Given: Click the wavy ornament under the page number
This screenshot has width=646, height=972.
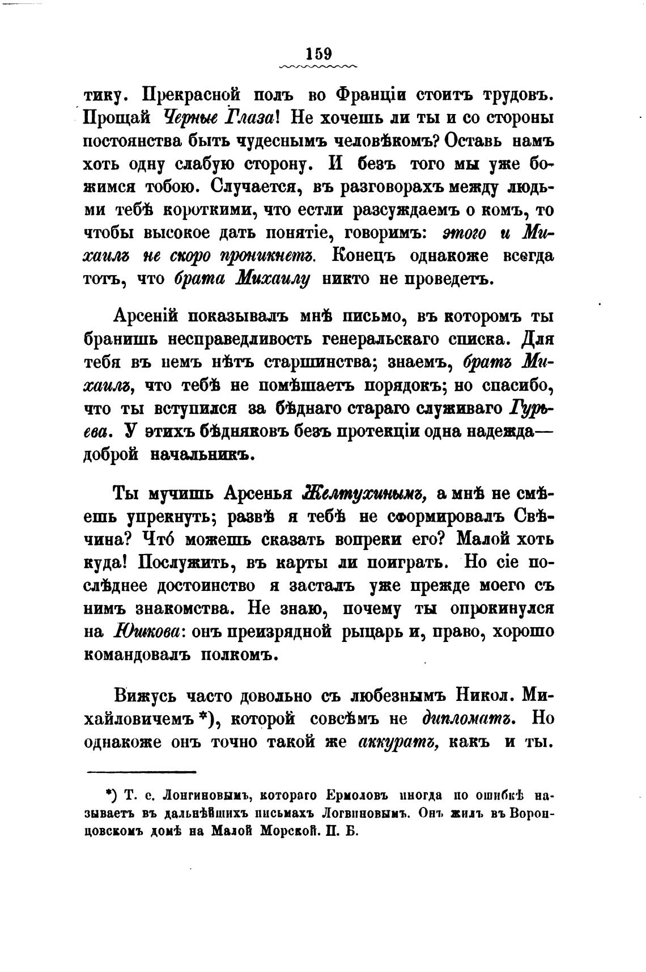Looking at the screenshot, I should click(318, 67).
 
